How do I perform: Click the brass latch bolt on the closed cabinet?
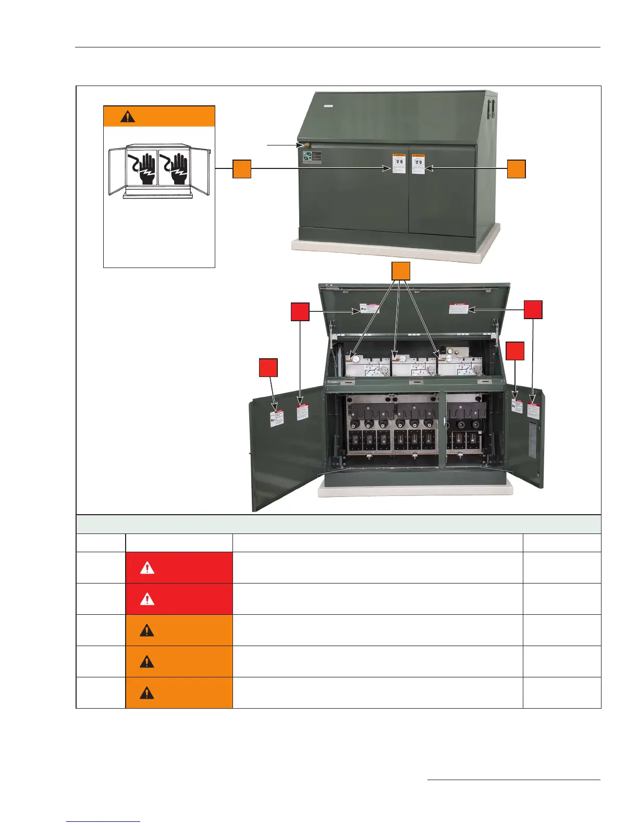click(x=301, y=145)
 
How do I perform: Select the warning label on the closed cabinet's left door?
click(x=399, y=164)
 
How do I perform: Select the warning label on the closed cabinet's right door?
click(x=418, y=164)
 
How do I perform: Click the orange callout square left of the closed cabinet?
click(x=242, y=169)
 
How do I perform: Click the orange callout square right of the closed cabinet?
click(x=517, y=169)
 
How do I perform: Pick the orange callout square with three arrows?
click(x=401, y=271)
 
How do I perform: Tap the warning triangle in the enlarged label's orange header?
click(x=128, y=116)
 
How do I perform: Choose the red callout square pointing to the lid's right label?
click(x=533, y=310)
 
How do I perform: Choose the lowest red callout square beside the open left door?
click(x=268, y=368)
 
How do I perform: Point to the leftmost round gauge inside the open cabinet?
click(x=354, y=359)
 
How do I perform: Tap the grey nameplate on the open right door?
click(x=532, y=440)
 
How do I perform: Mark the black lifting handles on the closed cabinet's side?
click(x=490, y=109)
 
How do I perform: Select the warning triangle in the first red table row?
click(x=148, y=568)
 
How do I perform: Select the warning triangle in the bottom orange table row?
click(x=148, y=693)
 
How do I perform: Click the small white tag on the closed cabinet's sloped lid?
click(x=328, y=106)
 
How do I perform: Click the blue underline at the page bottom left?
click(x=104, y=821)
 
